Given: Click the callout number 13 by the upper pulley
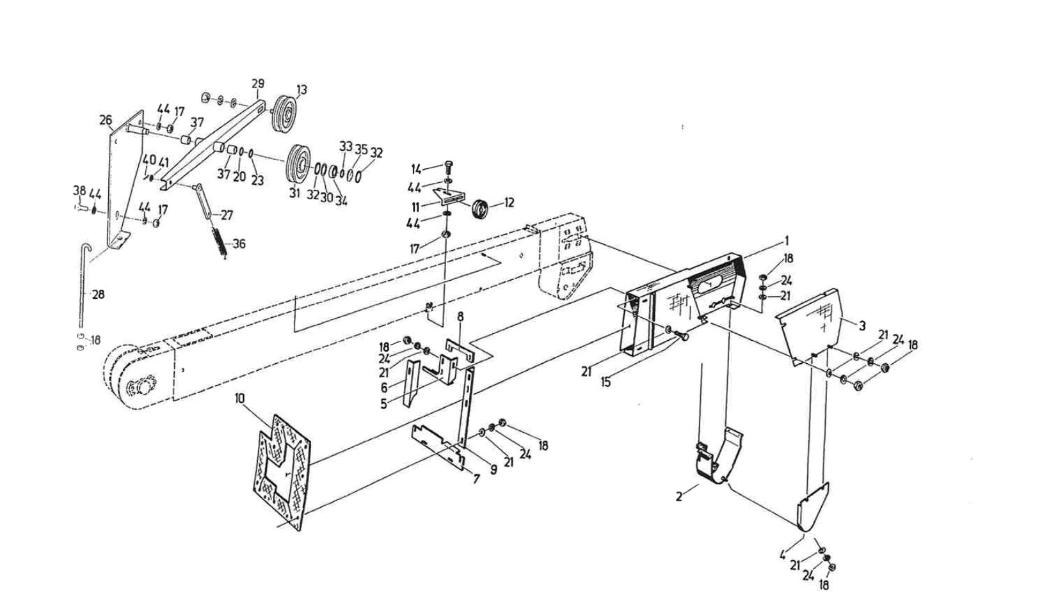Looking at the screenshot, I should click(x=301, y=90).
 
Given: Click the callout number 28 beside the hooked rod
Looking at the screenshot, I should click(x=98, y=295).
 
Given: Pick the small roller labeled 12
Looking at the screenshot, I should click(x=480, y=209).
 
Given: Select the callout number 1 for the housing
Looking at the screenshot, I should click(x=787, y=241).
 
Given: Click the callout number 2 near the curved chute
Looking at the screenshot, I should click(x=679, y=496).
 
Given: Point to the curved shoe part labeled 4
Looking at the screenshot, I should click(x=812, y=508).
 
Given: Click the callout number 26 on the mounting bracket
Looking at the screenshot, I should click(x=106, y=120).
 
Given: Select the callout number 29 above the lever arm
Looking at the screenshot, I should click(x=257, y=84).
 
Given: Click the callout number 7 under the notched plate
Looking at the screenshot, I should click(x=476, y=478).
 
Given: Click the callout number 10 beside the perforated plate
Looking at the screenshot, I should click(x=240, y=398).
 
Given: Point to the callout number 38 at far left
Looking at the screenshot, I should click(x=79, y=190).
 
